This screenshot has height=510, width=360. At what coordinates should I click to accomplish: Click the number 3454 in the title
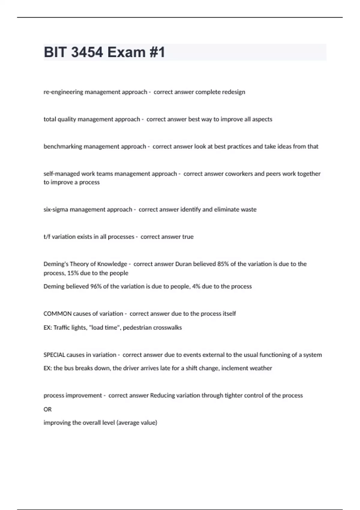(x=87, y=52)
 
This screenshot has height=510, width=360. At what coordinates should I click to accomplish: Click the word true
(x=188, y=237)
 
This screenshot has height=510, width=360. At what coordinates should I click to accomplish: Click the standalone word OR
(x=47, y=409)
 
